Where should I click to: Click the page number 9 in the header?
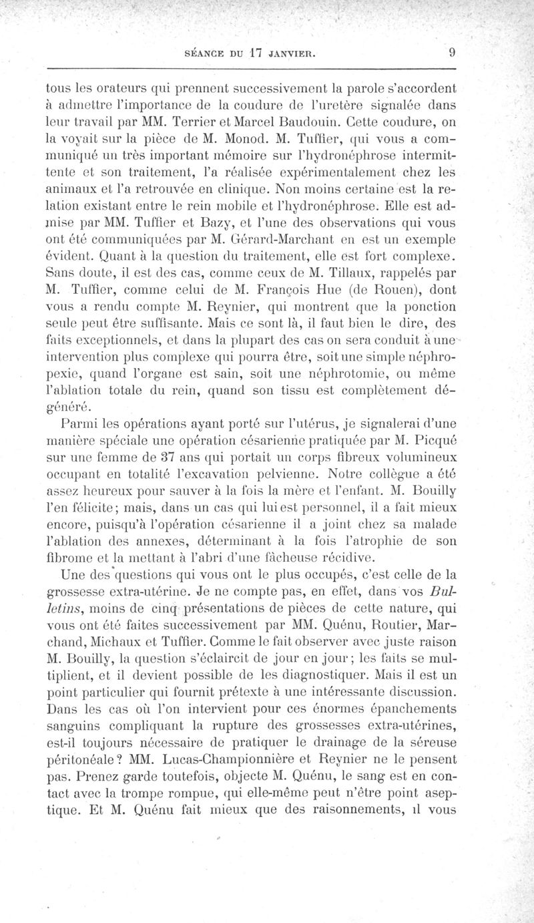pos(452,53)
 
